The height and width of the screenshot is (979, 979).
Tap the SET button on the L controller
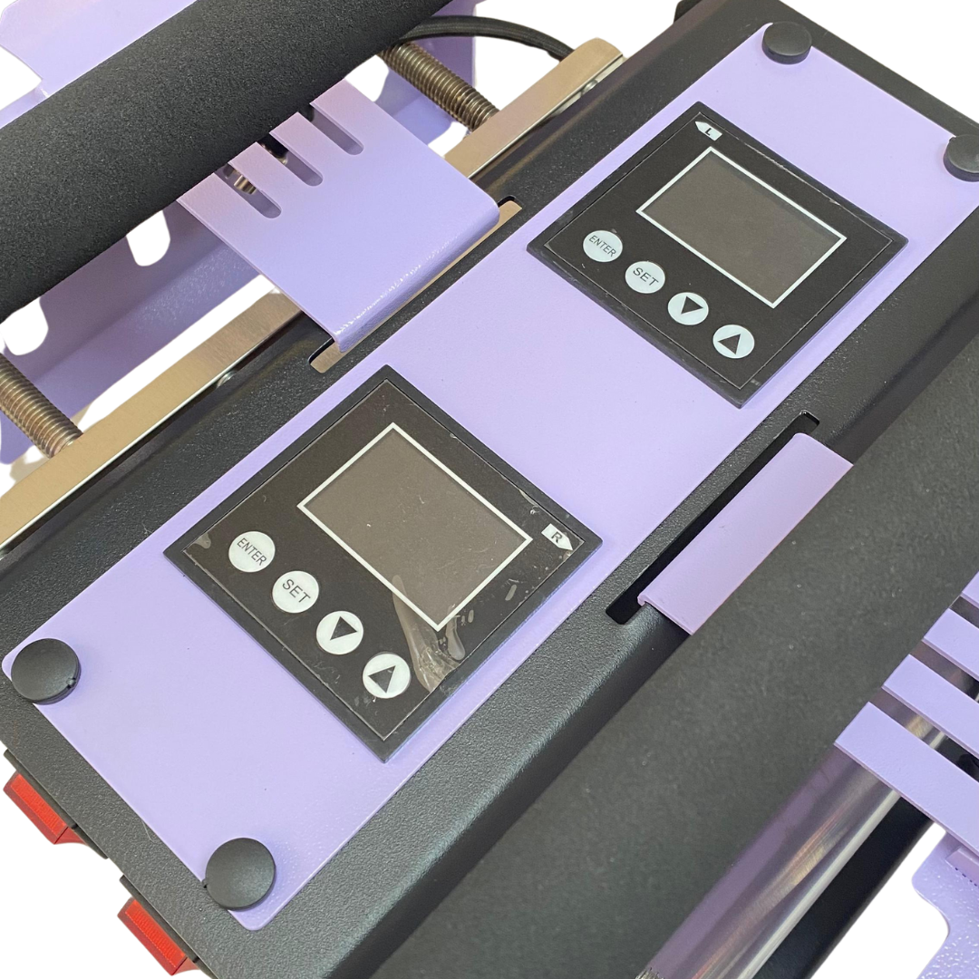(x=645, y=276)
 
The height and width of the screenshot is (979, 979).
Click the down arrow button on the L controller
(x=688, y=308)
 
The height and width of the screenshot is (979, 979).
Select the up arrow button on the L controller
(x=733, y=342)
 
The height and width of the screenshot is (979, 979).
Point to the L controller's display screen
(x=742, y=228)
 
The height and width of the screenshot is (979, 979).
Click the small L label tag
(x=708, y=131)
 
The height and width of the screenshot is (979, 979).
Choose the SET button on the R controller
(x=296, y=591)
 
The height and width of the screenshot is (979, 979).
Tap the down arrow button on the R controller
(x=340, y=631)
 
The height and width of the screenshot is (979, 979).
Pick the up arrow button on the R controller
(x=386, y=675)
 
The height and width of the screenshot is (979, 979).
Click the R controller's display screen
(x=414, y=526)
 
